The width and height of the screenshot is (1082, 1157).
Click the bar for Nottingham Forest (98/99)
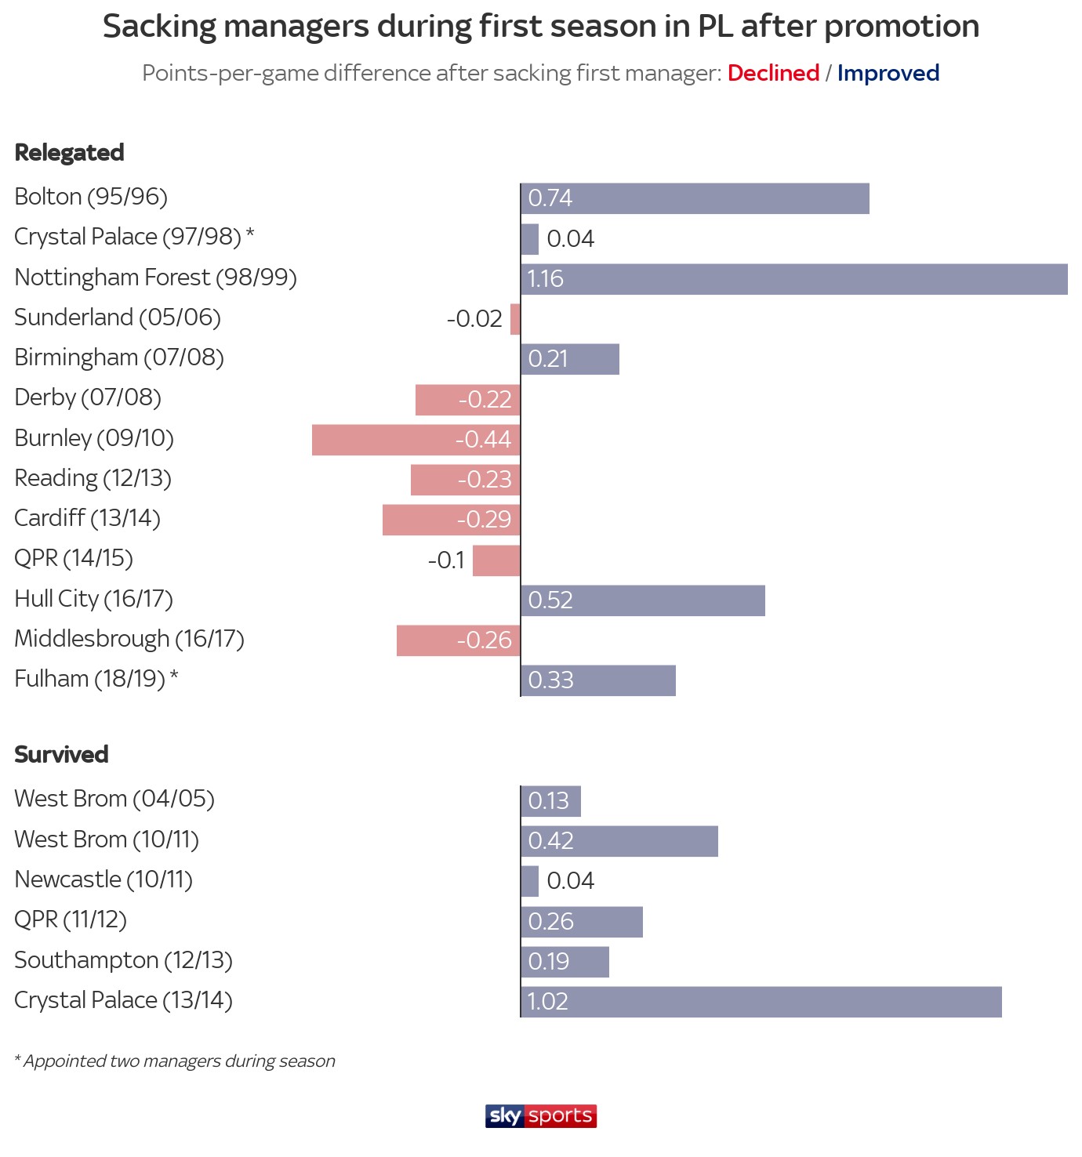point(794,279)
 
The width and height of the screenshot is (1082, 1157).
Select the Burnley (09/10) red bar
point(416,440)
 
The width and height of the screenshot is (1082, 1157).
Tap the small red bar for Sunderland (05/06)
point(515,319)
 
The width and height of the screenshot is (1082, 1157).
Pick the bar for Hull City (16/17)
point(643,600)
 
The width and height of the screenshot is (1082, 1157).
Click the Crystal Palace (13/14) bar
point(761,1002)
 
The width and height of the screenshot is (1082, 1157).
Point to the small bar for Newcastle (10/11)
point(530,881)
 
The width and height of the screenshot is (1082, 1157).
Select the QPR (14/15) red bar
point(496,560)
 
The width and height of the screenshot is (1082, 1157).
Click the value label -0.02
point(474,319)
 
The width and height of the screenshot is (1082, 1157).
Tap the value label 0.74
point(550,198)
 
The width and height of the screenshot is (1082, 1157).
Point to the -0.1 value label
point(446,560)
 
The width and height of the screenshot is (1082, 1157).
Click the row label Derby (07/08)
point(88,398)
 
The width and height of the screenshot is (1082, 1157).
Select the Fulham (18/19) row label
point(96,679)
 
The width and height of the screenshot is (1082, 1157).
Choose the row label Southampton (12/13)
point(123,960)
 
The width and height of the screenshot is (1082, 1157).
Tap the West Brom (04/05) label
point(114,800)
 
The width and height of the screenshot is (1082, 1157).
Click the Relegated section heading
point(69,153)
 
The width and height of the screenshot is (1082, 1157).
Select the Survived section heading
point(61,754)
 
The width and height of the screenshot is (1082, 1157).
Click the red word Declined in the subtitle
point(773,73)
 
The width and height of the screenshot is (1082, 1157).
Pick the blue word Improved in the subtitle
point(888,74)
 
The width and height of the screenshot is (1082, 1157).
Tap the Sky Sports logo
point(541,1116)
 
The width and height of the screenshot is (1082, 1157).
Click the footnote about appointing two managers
point(175,1061)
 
